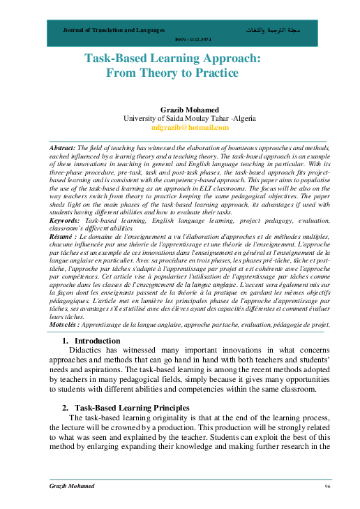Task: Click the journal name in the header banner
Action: coord(113,31)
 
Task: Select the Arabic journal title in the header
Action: coord(269,31)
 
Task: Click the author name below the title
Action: coord(180,110)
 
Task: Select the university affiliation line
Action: coord(180,119)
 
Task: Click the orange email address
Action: coord(180,128)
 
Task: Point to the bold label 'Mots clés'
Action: coord(66,324)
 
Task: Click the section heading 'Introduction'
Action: coord(98,341)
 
